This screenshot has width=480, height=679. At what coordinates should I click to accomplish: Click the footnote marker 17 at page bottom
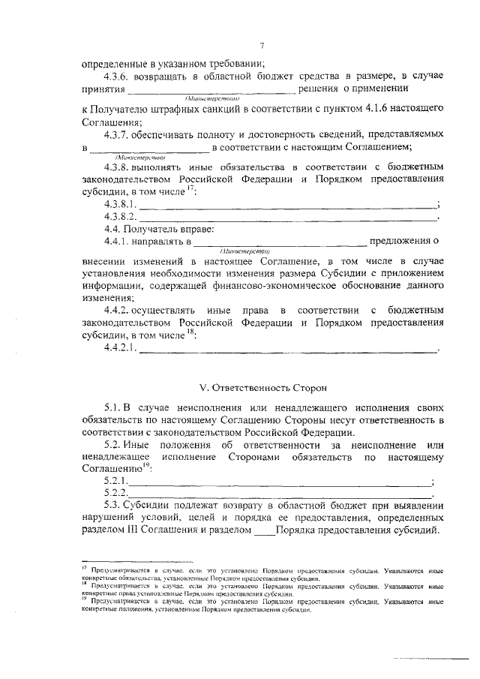tap(84, 569)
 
